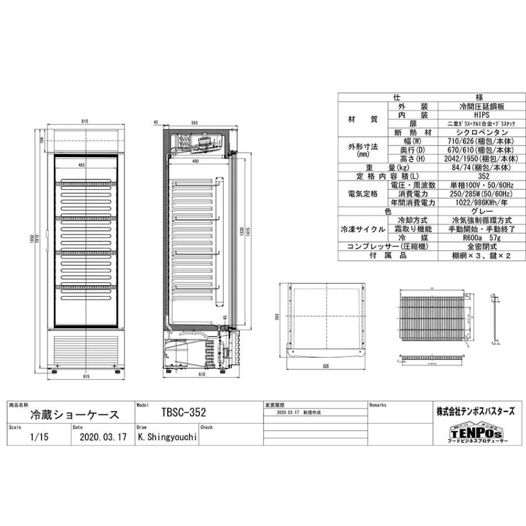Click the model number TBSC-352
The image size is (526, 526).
point(183,413)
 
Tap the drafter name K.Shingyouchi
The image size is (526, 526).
point(166,436)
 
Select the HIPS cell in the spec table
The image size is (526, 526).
point(481,115)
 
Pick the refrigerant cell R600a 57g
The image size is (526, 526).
point(481,238)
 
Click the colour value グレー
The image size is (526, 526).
point(481,211)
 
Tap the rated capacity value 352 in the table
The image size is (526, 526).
point(481,176)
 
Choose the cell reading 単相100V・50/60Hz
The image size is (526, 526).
point(481,185)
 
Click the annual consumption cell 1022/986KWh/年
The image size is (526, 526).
point(481,202)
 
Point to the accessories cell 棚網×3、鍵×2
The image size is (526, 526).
point(481,256)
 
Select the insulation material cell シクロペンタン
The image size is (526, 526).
point(481,132)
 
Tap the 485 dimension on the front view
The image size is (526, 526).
point(82,165)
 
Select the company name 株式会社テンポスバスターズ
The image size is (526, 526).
point(475,411)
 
